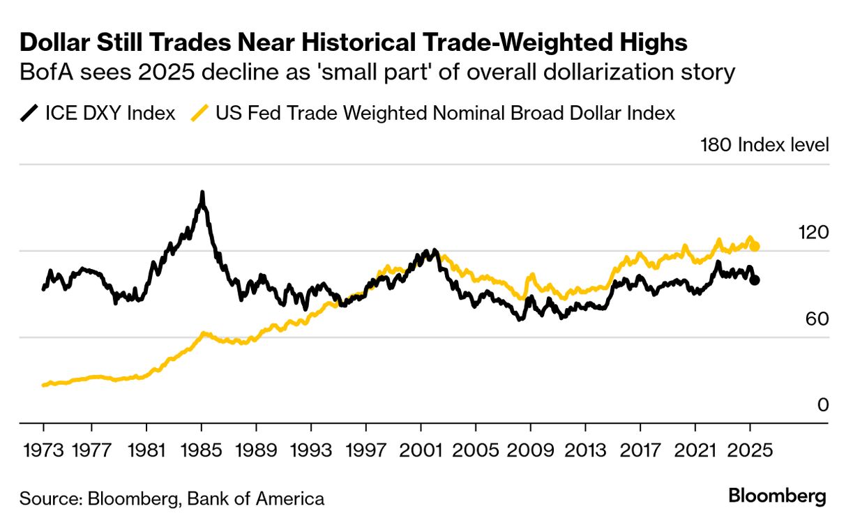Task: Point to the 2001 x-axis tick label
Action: (x=421, y=450)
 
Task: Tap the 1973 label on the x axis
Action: (x=43, y=450)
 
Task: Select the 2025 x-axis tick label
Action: (x=750, y=450)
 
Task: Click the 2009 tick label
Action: (x=531, y=450)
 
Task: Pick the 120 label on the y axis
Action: (x=813, y=232)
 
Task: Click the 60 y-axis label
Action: (x=818, y=319)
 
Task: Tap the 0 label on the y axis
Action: (x=823, y=405)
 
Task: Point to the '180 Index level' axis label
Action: (x=764, y=145)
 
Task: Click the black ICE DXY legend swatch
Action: (x=29, y=113)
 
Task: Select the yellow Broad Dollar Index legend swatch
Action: (x=200, y=113)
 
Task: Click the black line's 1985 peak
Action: (x=202, y=192)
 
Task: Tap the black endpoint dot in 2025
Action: (x=755, y=280)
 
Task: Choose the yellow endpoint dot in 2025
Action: (x=755, y=246)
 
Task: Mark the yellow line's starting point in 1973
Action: (x=44, y=385)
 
